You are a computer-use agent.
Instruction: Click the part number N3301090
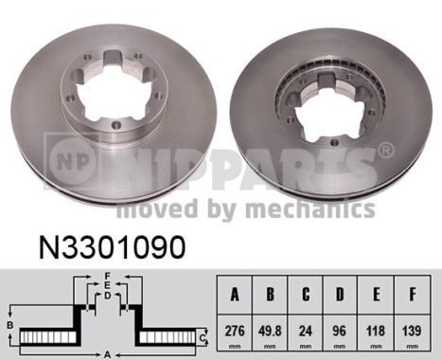click(x=112, y=247)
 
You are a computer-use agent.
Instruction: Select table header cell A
click(x=235, y=295)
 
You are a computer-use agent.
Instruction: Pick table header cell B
click(x=270, y=295)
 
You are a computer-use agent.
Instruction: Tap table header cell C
click(x=306, y=295)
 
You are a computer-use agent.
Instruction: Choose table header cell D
click(x=340, y=295)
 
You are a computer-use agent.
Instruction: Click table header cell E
click(x=376, y=295)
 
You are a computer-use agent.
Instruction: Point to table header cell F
click(x=412, y=295)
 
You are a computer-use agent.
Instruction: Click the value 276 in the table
click(x=235, y=331)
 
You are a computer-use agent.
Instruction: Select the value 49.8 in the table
click(x=270, y=331)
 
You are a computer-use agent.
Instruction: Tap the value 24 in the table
click(x=306, y=331)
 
